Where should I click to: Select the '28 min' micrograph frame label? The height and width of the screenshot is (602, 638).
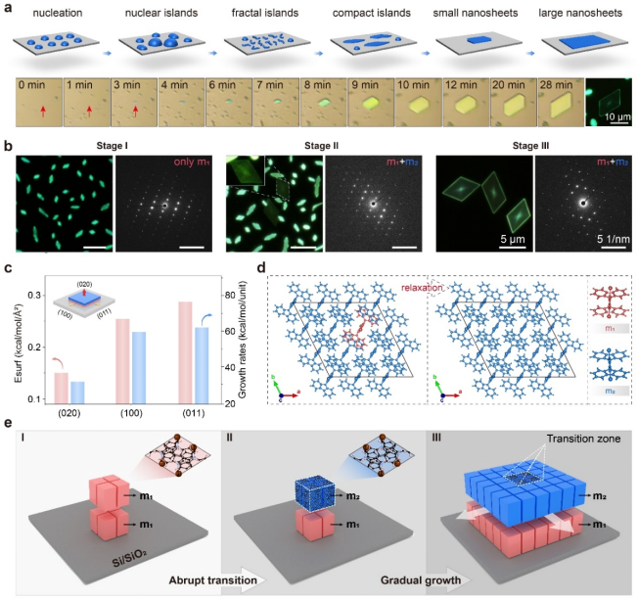click(556, 87)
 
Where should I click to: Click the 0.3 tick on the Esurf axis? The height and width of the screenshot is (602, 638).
click(37, 295)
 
